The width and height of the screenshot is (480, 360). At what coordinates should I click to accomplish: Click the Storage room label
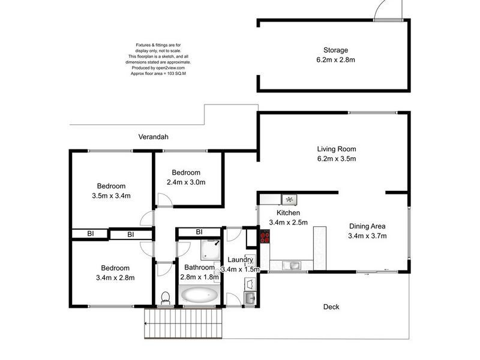coord(335,50)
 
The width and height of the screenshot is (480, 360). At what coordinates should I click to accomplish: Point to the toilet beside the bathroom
coord(166,298)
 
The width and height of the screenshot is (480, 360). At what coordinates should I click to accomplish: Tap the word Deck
coord(331,307)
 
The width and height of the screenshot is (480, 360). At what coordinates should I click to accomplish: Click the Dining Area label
coord(367,226)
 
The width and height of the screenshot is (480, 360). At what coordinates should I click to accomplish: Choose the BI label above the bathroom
coord(199,232)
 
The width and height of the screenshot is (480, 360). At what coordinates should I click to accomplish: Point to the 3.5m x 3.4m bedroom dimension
coord(111,196)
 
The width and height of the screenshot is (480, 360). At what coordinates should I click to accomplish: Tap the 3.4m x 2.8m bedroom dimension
coord(115,278)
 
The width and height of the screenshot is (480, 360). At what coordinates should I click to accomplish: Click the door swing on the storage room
coord(380,11)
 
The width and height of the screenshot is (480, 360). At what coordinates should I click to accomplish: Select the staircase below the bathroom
coord(184,327)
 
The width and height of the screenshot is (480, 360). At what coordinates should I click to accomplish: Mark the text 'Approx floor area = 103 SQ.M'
coord(158,74)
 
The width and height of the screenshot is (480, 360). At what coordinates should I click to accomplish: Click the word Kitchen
coord(288,213)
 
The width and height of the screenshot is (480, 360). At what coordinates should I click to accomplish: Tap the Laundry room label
coord(240,260)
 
